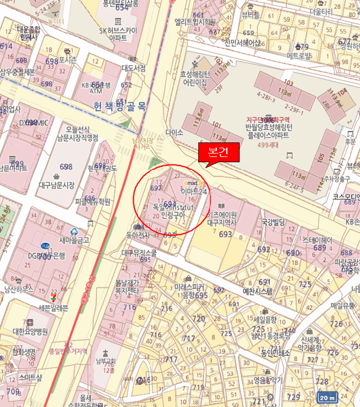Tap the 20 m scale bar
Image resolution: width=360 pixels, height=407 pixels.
click(327, 398)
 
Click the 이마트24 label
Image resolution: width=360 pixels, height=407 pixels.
click(194, 190)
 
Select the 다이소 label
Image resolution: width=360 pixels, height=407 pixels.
click(174, 133)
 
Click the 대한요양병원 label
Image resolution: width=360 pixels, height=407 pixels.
click(30, 331)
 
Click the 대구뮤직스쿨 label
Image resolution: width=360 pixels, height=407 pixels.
click(139, 253)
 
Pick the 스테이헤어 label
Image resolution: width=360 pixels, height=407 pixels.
click(317, 239)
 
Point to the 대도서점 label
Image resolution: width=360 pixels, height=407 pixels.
click(133, 67)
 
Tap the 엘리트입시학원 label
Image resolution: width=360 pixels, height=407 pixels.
click(195, 22)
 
